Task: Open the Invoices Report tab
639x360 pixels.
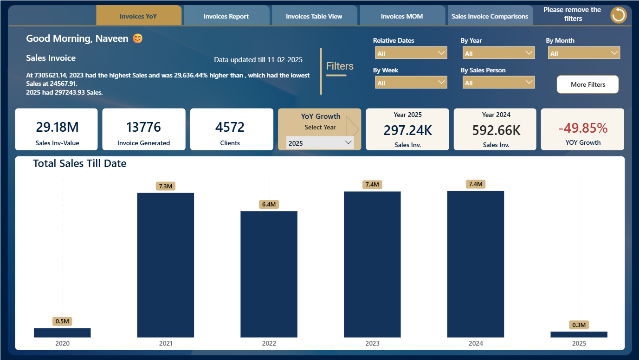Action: tap(226, 16)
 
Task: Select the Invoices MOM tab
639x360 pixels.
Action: tap(402, 16)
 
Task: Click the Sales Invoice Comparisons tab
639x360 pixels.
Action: tap(490, 16)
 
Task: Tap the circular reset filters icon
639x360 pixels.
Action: tap(618, 15)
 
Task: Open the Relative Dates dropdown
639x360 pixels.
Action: tap(411, 53)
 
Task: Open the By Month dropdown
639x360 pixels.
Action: tap(584, 53)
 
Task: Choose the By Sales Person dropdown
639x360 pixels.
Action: tap(498, 83)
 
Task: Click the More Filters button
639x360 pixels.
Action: tap(587, 84)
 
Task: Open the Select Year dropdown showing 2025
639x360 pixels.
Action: tap(320, 142)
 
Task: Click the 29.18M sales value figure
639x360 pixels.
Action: tap(58, 127)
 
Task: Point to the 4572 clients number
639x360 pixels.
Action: tap(230, 127)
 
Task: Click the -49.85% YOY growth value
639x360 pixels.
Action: tap(583, 128)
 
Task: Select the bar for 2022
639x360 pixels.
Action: tap(269, 274)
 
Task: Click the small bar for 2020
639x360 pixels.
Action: tap(62, 333)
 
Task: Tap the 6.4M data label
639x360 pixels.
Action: tap(269, 204)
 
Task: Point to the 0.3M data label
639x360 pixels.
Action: tap(579, 325)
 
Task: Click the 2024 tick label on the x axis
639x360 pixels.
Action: tap(476, 343)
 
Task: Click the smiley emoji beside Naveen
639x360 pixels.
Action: tap(137, 38)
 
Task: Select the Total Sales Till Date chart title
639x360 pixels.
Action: tap(80, 163)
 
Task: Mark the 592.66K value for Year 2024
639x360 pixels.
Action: tap(496, 130)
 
